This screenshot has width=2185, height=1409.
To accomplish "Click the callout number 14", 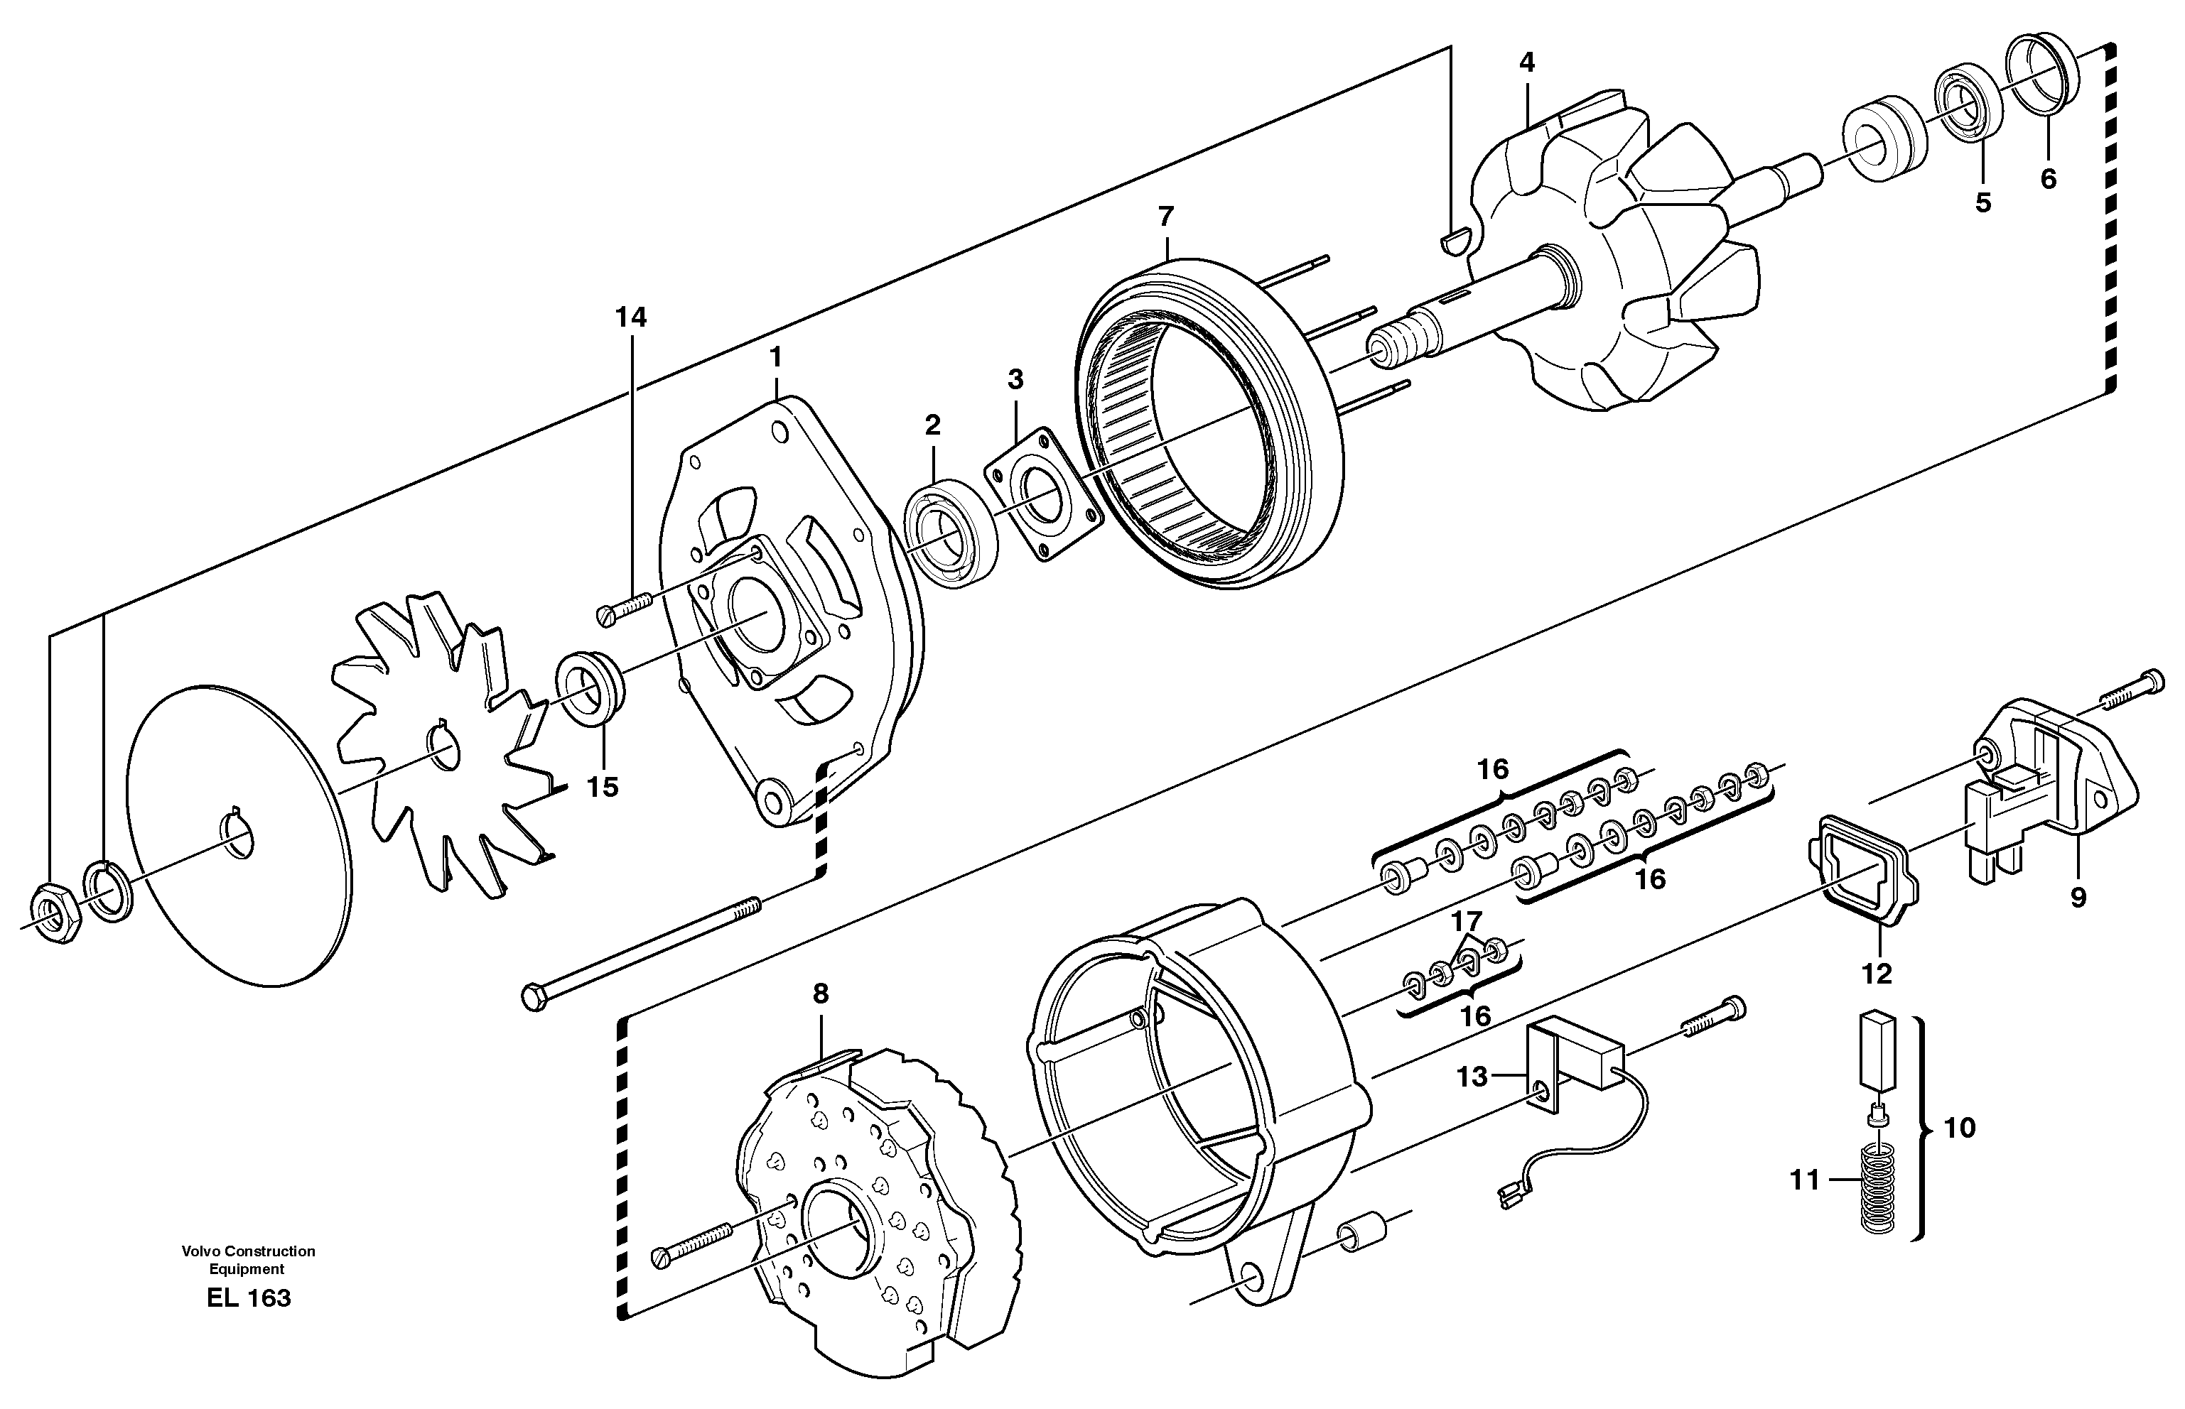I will (x=631, y=317).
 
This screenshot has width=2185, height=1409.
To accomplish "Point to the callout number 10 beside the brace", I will (x=1959, y=1127).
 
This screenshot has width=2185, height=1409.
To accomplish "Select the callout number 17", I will (x=1465, y=920).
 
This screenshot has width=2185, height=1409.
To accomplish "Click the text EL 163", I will (x=248, y=1298).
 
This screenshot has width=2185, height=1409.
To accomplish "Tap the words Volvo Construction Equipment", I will (x=248, y=1260).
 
